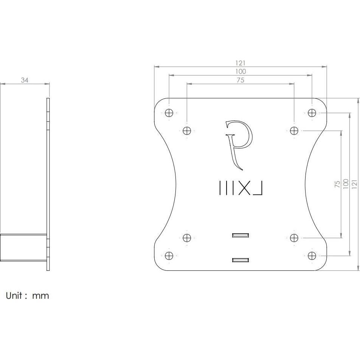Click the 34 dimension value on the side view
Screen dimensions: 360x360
point(25,80)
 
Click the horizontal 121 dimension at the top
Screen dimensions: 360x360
point(241,63)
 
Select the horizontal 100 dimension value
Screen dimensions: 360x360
point(241,71)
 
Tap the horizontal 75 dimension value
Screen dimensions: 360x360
point(241,80)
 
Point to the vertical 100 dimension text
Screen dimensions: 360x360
point(345,184)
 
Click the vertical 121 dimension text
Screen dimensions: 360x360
point(354,184)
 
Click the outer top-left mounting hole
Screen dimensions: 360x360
point(169,113)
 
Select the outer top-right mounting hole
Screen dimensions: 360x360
point(312,113)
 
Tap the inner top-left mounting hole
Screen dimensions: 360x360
point(187,131)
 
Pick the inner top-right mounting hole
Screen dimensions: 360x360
point(294,131)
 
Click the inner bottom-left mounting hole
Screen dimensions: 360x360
point(187,238)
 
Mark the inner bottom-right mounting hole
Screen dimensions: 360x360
point(294,238)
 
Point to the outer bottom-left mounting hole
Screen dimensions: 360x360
point(169,256)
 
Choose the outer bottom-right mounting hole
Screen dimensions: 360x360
point(312,256)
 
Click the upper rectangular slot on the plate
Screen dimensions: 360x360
point(241,235)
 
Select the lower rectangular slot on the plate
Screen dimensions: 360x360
point(241,260)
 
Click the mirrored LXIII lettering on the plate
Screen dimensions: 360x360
point(241,188)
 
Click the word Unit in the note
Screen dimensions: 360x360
point(14,295)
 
